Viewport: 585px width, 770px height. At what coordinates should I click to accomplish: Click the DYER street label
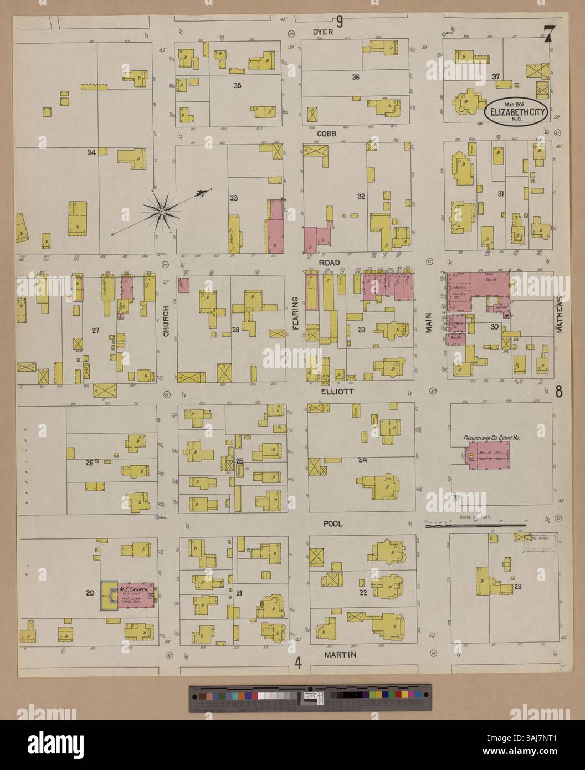(x=322, y=32)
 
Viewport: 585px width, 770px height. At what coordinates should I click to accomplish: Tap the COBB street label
(x=327, y=134)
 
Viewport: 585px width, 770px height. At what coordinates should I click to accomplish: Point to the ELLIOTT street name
(x=336, y=391)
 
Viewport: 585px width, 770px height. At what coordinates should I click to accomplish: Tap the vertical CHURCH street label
(x=165, y=323)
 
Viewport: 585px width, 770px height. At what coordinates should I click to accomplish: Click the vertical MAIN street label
(x=428, y=322)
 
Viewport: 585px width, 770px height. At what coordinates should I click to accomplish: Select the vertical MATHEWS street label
(x=559, y=314)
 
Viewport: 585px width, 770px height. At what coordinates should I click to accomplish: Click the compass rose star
(x=161, y=210)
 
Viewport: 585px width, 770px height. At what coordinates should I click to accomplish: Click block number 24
(x=362, y=460)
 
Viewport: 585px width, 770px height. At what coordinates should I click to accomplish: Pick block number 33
(x=234, y=198)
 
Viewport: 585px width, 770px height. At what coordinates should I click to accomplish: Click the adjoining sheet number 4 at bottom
(x=298, y=663)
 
